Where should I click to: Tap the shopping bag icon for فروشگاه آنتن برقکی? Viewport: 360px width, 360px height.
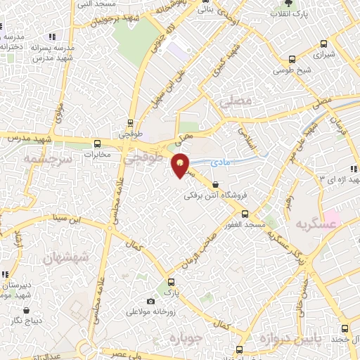(214, 185)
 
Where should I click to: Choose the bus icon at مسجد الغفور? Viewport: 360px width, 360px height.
(245, 213)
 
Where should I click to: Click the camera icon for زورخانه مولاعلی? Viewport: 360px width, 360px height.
(150, 301)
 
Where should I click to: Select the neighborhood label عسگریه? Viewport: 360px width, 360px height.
(314, 224)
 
